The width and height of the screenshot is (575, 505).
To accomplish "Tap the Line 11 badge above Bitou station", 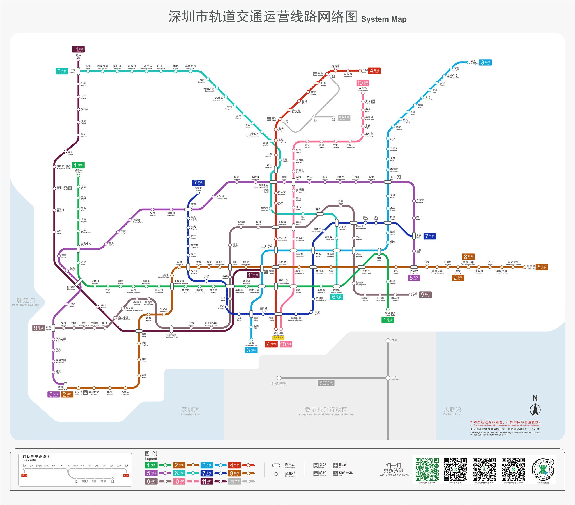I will (x=78, y=50).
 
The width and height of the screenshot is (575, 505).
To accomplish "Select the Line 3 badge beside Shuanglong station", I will (x=485, y=62).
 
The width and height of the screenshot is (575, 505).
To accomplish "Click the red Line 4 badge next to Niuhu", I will (x=374, y=71).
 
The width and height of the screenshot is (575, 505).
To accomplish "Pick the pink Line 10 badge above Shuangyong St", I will (x=363, y=83).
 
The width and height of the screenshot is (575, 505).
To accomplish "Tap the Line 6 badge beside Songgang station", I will (x=62, y=71).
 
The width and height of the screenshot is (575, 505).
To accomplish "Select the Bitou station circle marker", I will (x=78, y=60).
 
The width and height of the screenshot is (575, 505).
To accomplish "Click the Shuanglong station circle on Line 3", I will (x=468, y=62).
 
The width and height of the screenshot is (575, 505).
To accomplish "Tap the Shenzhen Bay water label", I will (x=190, y=411).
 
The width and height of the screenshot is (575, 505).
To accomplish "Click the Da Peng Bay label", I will (x=452, y=411).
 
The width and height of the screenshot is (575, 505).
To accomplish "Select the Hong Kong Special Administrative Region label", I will (x=326, y=411).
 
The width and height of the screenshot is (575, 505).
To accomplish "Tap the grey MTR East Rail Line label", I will (x=326, y=383).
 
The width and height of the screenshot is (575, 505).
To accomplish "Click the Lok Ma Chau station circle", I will (x=279, y=378).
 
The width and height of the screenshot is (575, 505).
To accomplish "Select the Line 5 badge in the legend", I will (x=151, y=473).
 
